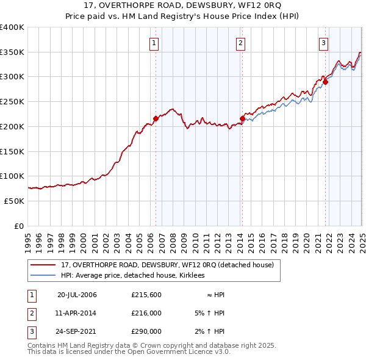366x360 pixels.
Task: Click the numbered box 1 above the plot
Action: [155, 43]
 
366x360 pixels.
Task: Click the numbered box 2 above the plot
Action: [241, 43]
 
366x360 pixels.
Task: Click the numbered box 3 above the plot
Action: [323, 43]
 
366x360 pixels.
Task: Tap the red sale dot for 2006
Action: [156, 119]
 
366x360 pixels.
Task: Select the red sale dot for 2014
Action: [242, 118]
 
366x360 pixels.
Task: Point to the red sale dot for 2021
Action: [326, 82]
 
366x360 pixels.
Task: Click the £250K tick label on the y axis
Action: [12, 101]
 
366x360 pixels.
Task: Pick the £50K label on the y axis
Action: [15, 201]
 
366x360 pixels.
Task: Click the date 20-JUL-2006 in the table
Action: [77, 295]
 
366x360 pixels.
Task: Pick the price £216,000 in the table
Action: [146, 313]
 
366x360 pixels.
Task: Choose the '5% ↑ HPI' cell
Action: [209, 313]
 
